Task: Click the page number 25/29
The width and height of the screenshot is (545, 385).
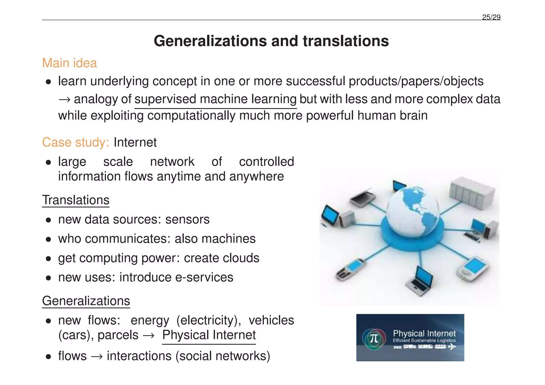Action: point(491,17)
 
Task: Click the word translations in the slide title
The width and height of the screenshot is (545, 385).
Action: point(346,41)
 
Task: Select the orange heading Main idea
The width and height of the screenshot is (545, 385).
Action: point(69,63)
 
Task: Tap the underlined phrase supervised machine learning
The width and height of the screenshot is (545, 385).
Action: point(215,99)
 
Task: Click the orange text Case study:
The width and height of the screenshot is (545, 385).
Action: point(76,142)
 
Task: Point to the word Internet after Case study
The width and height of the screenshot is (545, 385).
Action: point(135,142)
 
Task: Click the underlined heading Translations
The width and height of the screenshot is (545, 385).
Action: point(76,200)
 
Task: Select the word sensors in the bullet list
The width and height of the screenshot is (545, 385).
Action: point(187,220)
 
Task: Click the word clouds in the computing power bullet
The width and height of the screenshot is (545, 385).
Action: point(241,258)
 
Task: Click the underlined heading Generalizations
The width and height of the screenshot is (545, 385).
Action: point(86,301)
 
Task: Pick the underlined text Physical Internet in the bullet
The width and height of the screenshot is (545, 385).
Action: point(209,335)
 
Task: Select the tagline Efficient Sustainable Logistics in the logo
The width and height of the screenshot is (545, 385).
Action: point(424,341)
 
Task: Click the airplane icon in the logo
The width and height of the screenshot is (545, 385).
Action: point(452,347)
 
